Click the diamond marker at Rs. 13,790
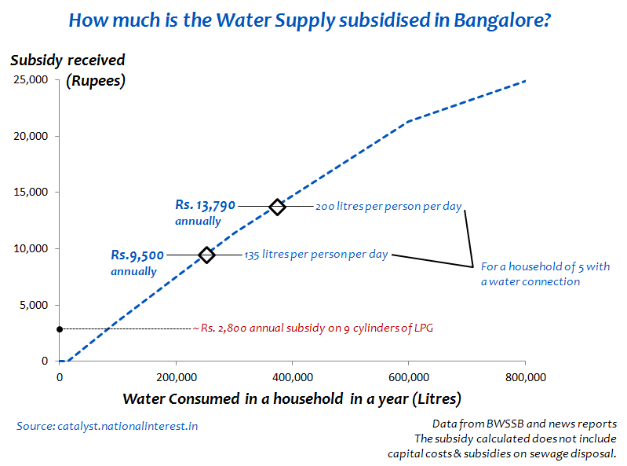pos(277,207)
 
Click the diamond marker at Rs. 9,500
pos(206,255)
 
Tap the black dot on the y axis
pos(60,328)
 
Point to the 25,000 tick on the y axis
pos(32,80)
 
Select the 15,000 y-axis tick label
pos(32,193)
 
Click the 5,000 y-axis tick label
pos(35,306)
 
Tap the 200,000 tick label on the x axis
pos(176,376)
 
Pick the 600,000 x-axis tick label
pos(409,376)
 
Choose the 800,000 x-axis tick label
pos(525,376)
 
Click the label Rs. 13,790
pos(205,206)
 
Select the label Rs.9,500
pos(137,255)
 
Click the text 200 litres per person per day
pos(388,207)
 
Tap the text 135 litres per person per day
pos(316,255)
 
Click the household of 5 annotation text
pos(545,273)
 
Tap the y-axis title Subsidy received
pos(67,61)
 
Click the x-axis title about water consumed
pos(291,398)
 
